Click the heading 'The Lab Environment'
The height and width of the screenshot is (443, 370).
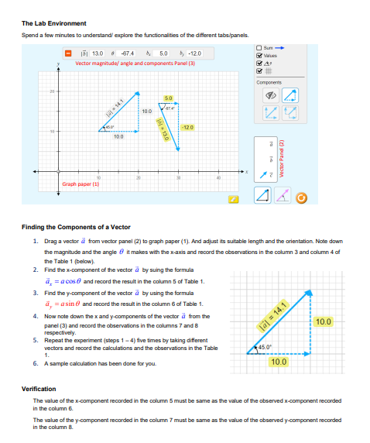54,23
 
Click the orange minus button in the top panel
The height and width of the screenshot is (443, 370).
68,53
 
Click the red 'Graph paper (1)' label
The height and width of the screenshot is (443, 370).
81,184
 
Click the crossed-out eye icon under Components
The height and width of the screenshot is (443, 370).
271,94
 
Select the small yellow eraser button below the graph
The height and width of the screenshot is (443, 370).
231,199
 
